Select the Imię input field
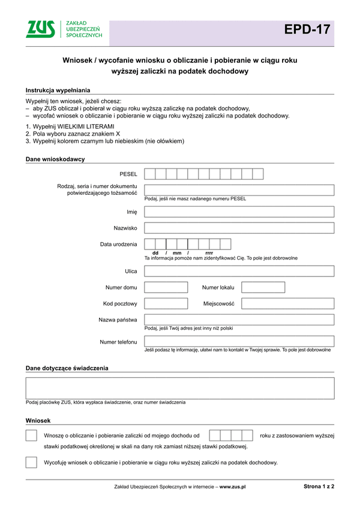tap(239, 212)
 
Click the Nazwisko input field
tap(239, 228)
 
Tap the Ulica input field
tap(239, 271)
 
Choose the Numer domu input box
tap(166, 287)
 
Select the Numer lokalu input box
tap(263, 287)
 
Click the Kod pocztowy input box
tap(166, 303)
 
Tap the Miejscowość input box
tap(287, 303)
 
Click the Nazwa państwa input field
tap(239, 320)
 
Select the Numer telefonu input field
tap(239, 341)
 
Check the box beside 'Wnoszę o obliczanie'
tap(31, 435)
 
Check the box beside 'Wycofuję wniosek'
tap(31, 462)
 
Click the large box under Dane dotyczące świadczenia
tap(180, 388)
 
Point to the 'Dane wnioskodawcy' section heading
tap(55, 159)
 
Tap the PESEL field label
tap(128, 174)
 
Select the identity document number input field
tap(239, 190)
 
